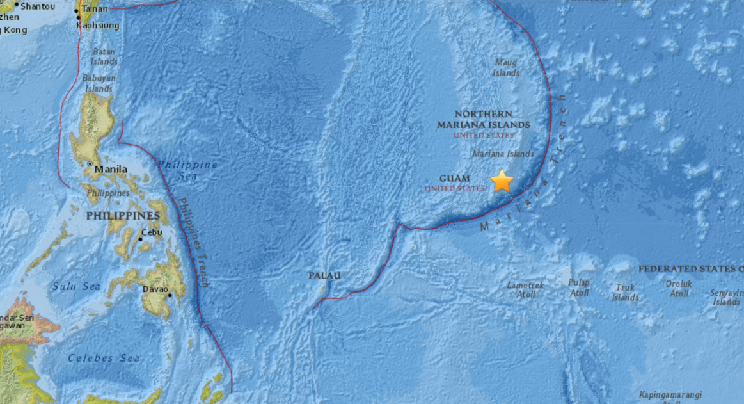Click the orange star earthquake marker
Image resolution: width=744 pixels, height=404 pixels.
tap(502, 181)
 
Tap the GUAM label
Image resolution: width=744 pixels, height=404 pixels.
tap(455, 179)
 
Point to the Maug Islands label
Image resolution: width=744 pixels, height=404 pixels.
tap(505, 68)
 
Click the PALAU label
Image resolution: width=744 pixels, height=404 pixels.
tap(324, 275)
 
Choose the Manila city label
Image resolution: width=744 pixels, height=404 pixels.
tap(111, 170)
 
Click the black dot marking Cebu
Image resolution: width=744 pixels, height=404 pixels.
tap(140, 239)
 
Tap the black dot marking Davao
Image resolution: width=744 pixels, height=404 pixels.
tap(170, 295)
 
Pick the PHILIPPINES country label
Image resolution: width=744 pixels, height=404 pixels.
tap(123, 216)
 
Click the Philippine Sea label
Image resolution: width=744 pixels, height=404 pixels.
tap(187, 170)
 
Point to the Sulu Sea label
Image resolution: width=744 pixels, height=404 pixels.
tap(77, 286)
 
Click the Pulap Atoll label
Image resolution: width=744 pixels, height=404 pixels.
tap(579, 287)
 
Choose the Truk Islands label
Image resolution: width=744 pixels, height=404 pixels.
tap(625, 293)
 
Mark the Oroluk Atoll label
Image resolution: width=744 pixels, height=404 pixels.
tap(679, 288)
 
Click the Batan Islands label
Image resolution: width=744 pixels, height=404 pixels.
tap(105, 56)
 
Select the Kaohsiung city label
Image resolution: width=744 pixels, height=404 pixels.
tap(98, 26)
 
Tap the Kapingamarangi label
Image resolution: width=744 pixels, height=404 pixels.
tap(670, 395)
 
